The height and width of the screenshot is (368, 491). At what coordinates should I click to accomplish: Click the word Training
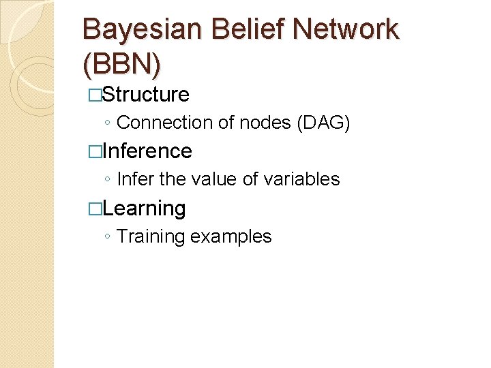[x=151, y=236]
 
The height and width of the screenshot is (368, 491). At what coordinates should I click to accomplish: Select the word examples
[x=231, y=236]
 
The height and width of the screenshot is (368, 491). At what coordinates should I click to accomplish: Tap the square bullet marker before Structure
[x=95, y=95]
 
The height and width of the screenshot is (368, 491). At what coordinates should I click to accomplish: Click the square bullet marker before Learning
[x=95, y=209]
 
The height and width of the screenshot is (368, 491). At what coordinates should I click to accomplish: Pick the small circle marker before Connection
[x=108, y=123]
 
